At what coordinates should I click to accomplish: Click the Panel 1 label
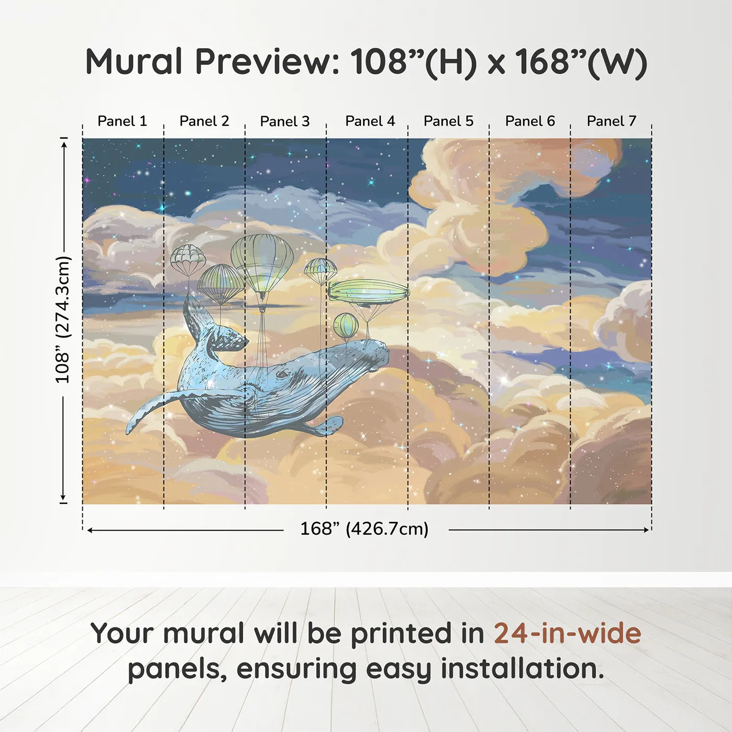122,121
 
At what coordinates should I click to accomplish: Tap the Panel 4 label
370,121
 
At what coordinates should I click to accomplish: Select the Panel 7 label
611,121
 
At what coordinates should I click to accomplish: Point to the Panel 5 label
448,121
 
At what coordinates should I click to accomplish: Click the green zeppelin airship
368,292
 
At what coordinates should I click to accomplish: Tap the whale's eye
283,374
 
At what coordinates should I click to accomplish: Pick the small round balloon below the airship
346,325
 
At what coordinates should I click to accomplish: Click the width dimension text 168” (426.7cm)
364,529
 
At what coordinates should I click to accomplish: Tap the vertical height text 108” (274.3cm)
63,319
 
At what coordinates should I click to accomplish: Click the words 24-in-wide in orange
567,634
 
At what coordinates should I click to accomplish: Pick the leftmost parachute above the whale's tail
188,257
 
